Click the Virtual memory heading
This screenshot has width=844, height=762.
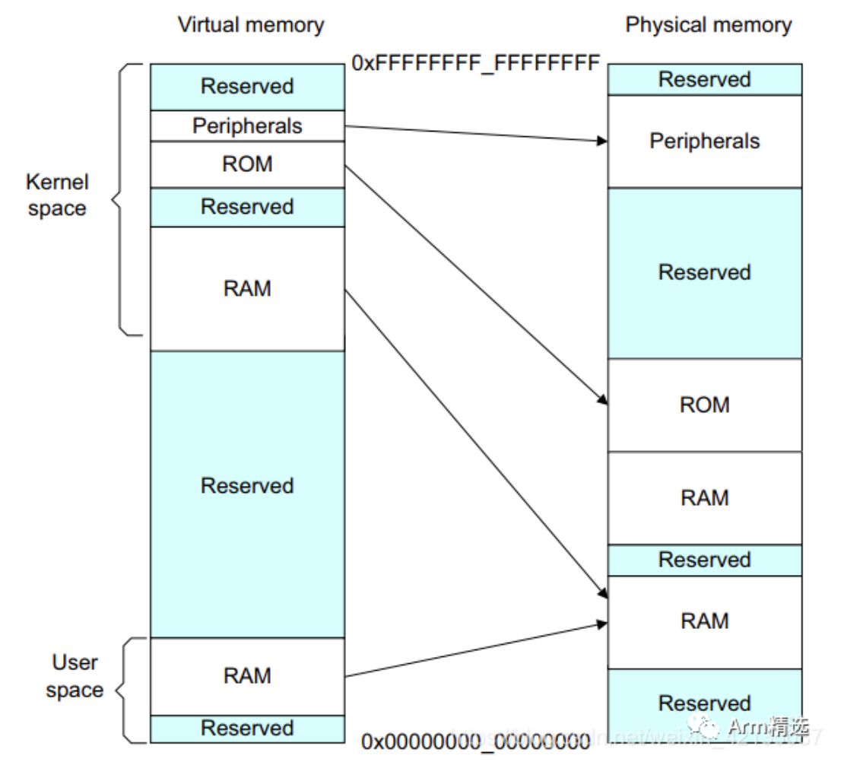click(x=250, y=25)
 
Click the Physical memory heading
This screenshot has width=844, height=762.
click(x=708, y=25)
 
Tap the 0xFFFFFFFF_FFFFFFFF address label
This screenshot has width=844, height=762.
click(x=476, y=62)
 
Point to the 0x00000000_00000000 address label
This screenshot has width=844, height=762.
click(x=476, y=740)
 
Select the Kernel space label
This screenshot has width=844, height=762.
click(x=57, y=195)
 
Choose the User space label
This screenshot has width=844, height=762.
click(x=75, y=676)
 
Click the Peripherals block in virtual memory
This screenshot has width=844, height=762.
click(x=247, y=125)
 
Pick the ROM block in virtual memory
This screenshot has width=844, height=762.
click(x=247, y=164)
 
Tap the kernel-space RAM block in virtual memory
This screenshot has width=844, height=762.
click(x=247, y=289)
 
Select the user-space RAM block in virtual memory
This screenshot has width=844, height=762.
click(x=247, y=676)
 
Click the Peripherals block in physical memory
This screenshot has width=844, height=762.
click(x=704, y=141)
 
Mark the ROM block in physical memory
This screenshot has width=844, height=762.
click(x=704, y=405)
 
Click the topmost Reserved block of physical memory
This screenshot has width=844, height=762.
click(x=704, y=79)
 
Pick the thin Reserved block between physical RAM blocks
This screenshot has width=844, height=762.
click(x=704, y=560)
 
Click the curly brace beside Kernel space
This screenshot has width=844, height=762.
click(x=122, y=200)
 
